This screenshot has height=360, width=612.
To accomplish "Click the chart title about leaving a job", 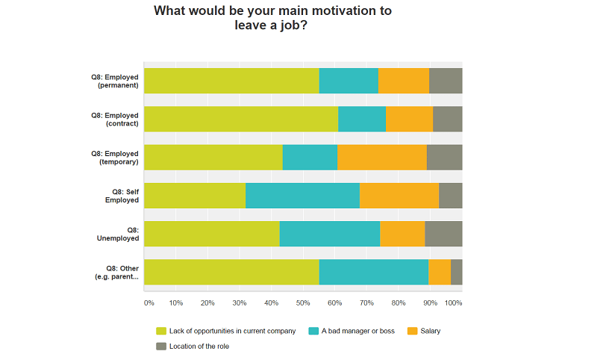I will [x=272, y=18].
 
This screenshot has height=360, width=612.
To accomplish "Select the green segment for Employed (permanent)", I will [x=231, y=81].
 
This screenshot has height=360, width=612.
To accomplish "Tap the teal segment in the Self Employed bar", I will [x=302, y=196].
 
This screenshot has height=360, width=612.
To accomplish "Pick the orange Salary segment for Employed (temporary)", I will [x=381, y=158].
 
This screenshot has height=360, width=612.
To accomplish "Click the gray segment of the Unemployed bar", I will [x=443, y=234].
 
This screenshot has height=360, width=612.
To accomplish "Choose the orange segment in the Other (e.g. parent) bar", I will [x=440, y=272].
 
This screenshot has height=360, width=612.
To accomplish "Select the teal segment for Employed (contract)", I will [x=362, y=119].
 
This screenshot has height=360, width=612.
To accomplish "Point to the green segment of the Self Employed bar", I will [x=195, y=196].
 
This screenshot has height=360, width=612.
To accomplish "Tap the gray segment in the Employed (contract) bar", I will [x=448, y=119].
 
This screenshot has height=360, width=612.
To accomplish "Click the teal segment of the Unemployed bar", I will [x=330, y=234].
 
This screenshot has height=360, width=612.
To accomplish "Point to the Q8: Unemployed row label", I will [x=118, y=234].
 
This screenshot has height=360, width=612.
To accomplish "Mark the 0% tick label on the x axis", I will [x=149, y=303].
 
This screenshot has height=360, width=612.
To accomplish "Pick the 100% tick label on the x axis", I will [x=454, y=303].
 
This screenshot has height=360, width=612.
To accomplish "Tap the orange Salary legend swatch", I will [x=412, y=331].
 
